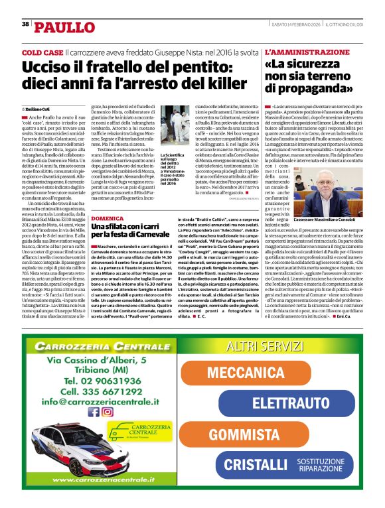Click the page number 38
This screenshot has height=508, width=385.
[x=25, y=25]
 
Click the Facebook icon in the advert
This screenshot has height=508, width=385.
[x=92, y=412]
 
